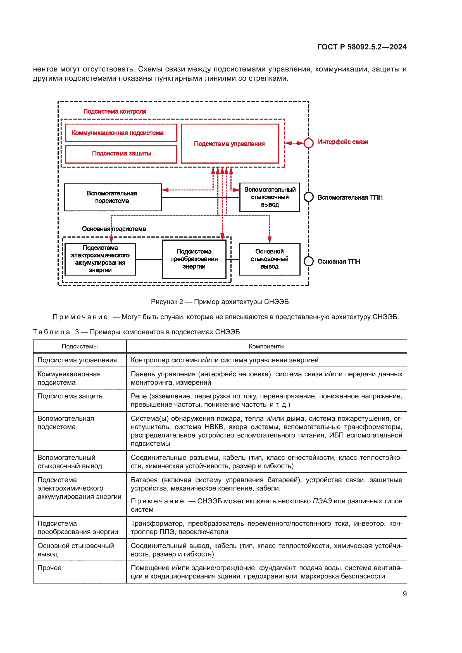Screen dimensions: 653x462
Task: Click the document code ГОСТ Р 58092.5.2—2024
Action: click(x=361, y=47)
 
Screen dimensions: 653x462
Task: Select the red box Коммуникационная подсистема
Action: click(x=121, y=133)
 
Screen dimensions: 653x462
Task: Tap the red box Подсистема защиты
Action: click(x=121, y=154)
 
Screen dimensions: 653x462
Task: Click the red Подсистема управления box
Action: click(x=230, y=143)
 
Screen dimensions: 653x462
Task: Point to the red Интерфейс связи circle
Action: click(x=308, y=143)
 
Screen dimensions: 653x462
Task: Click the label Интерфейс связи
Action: click(x=343, y=142)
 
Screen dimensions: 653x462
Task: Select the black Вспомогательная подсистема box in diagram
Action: click(x=113, y=197)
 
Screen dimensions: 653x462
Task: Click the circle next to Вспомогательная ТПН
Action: click(x=308, y=197)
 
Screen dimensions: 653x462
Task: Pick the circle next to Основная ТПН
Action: click(x=308, y=261)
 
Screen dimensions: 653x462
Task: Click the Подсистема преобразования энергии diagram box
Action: click(x=194, y=259)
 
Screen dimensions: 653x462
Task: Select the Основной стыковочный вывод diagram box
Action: click(x=269, y=259)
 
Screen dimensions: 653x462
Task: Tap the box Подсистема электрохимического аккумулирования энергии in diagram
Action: click(x=100, y=259)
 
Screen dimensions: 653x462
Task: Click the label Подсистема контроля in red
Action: click(x=115, y=111)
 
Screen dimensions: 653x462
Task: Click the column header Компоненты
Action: click(x=266, y=346)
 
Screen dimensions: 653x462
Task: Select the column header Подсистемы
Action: click(x=80, y=346)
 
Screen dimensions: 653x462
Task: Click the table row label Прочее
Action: click(x=49, y=568)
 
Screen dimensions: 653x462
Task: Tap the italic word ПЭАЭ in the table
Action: click(x=322, y=501)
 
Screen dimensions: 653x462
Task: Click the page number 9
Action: click(x=404, y=594)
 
